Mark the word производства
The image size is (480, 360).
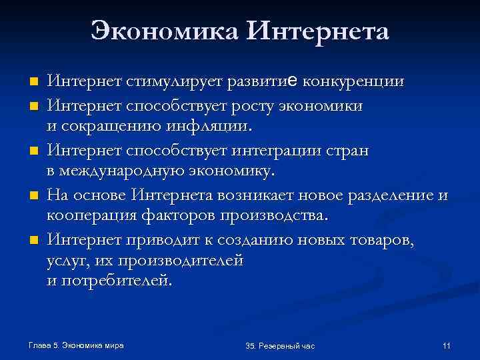(x=273, y=216)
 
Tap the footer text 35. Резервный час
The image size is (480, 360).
(x=280, y=346)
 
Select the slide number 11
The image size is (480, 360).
(x=447, y=345)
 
